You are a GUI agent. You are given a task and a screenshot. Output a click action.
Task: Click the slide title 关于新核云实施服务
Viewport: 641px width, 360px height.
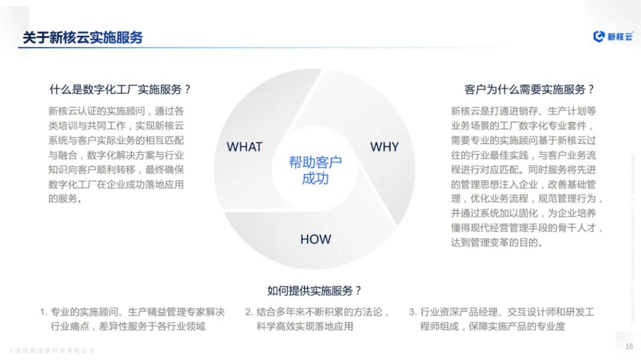[x=82, y=38]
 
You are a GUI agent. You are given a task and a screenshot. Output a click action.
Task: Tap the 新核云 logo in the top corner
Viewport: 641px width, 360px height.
[x=614, y=36]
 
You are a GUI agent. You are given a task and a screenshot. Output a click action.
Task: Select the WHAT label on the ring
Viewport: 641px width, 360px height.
[x=244, y=146]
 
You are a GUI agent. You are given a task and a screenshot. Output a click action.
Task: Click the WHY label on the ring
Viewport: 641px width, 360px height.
[x=385, y=146]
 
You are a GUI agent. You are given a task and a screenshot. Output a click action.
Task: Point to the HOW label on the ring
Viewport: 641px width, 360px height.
[x=315, y=239]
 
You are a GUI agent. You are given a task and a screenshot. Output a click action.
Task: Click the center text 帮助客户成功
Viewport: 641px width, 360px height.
[x=315, y=170]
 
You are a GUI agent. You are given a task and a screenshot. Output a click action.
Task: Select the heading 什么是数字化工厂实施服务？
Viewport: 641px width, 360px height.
[x=120, y=90]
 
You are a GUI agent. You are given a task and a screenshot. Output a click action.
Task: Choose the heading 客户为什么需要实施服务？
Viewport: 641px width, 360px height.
[x=529, y=90]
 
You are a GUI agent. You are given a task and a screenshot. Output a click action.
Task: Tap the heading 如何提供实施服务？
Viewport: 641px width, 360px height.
[x=315, y=290]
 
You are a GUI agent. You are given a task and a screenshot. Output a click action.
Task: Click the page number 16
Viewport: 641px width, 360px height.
[x=629, y=346]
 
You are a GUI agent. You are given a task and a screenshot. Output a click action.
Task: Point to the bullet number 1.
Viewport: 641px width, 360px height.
[x=43, y=312]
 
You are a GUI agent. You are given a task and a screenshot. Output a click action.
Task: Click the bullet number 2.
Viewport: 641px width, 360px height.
[x=249, y=312]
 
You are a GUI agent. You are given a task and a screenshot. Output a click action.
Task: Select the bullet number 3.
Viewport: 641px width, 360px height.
[x=412, y=312]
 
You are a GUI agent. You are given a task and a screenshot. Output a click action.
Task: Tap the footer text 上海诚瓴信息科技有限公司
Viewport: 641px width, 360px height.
[x=52, y=351]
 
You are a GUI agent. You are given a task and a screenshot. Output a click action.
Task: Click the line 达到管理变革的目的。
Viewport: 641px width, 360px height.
[x=497, y=242]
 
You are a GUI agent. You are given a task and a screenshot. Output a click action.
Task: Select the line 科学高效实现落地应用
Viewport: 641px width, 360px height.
[x=304, y=326]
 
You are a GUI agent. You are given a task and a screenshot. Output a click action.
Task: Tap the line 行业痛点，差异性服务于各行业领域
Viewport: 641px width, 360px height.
[x=128, y=326]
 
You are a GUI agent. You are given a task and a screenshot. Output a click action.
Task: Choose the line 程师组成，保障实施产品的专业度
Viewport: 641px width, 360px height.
[x=493, y=326]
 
